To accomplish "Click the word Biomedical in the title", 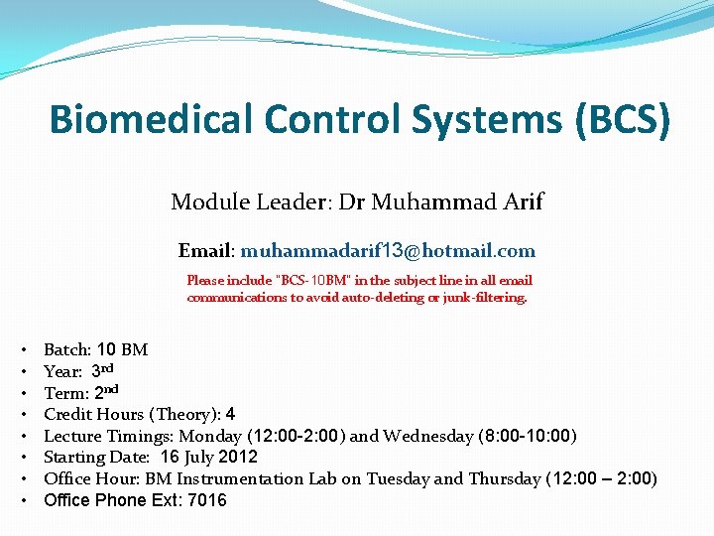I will click(151, 120).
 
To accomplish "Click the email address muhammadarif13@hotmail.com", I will click(388, 251).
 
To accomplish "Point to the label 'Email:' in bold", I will click(206, 251).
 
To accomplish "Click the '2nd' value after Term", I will click(107, 392).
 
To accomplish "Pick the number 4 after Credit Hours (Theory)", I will click(230, 414).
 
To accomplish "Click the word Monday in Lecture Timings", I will click(214, 436).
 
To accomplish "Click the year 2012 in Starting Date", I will click(237, 458).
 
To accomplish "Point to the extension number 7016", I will click(208, 501).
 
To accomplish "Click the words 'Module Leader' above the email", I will click(251, 202).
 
